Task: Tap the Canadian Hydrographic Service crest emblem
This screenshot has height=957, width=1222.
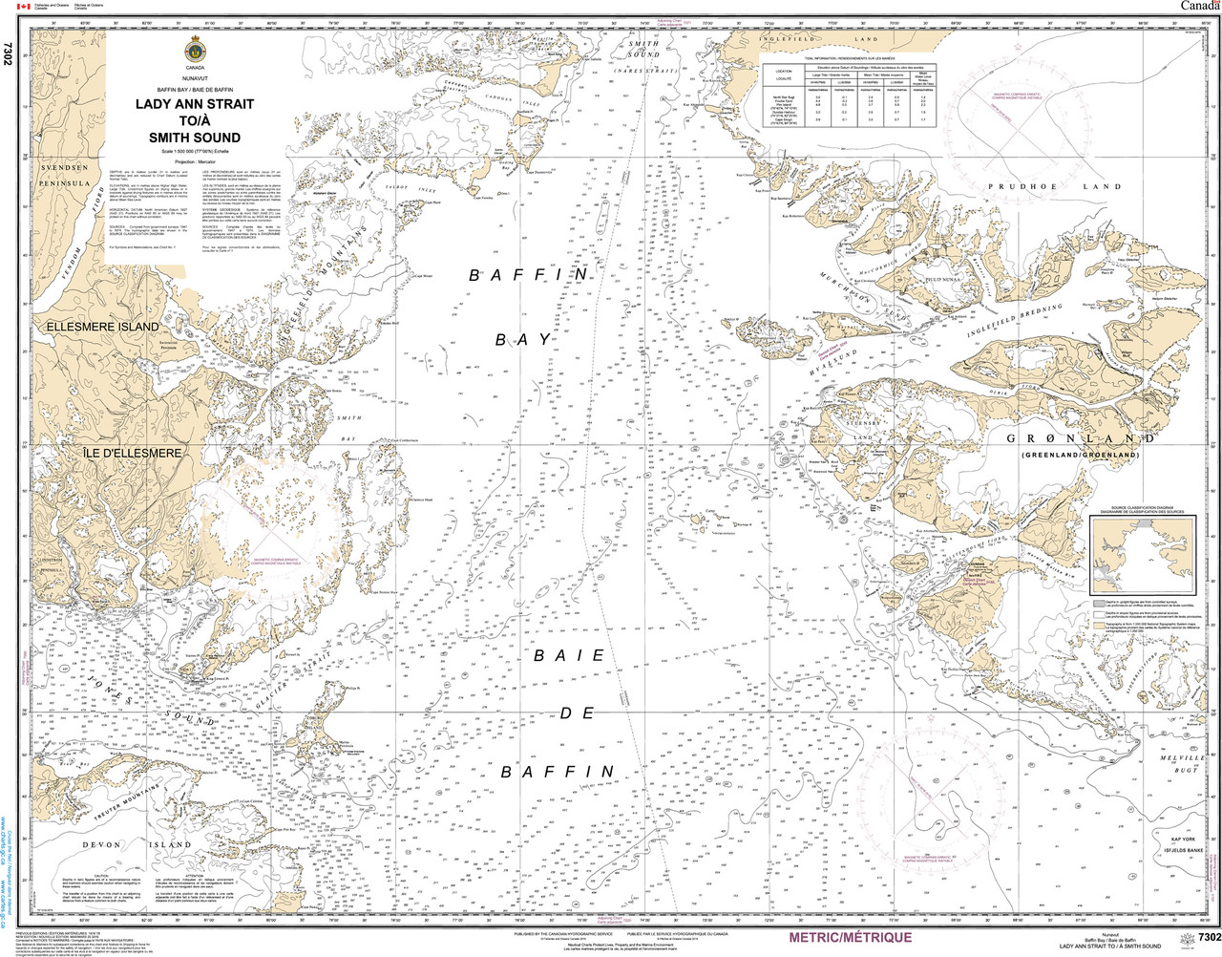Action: click(195, 52)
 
